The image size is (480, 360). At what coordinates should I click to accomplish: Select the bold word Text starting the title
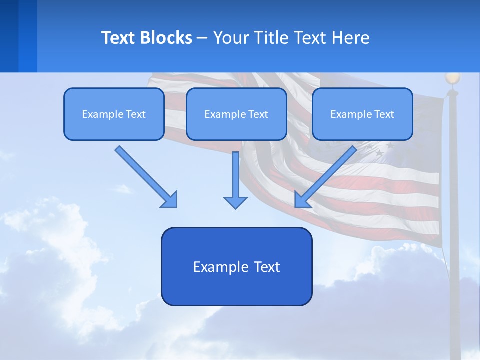click(119, 38)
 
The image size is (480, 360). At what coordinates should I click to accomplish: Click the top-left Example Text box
click(114, 114)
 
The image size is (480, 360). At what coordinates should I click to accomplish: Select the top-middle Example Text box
click(236, 114)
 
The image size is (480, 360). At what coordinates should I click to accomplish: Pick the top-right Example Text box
click(362, 114)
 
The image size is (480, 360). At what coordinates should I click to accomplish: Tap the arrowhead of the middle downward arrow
click(235, 202)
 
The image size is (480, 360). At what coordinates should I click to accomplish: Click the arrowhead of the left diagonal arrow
click(170, 199)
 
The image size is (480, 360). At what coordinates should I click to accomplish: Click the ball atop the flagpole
click(452, 78)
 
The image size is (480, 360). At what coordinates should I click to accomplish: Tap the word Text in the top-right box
click(384, 114)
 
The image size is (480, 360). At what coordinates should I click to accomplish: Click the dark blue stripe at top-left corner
click(9, 36)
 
